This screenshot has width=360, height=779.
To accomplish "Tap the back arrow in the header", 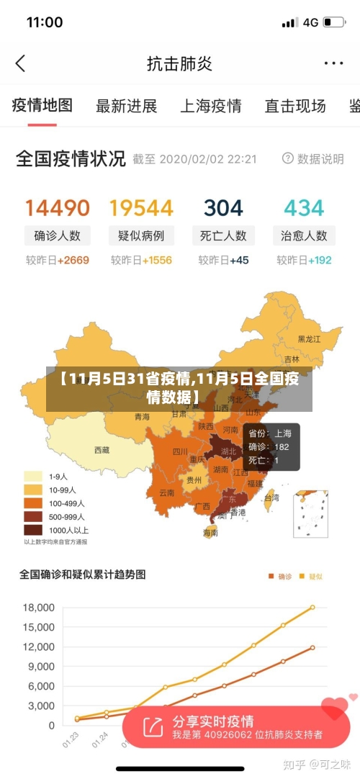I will point(20,63).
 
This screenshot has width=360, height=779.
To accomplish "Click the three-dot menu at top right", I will point(333,63).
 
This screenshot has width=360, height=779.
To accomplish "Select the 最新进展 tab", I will point(126,107).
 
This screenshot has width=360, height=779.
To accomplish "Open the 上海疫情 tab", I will point(210,107).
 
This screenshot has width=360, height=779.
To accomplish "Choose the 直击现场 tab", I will point(294,107).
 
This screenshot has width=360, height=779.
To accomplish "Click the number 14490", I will point(58,208).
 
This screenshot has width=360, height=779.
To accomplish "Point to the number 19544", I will point(141,208).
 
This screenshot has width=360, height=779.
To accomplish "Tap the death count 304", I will point(223,208).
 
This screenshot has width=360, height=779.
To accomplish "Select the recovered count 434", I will point(304,208).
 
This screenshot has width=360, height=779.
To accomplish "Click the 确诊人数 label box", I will point(58,235).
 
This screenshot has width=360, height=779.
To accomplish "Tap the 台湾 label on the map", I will point(271,497).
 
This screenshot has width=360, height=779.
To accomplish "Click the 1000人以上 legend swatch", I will point(32,529).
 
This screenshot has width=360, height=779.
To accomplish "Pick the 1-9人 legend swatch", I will point(32,476).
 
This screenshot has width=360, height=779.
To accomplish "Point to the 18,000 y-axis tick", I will point(39,608).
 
